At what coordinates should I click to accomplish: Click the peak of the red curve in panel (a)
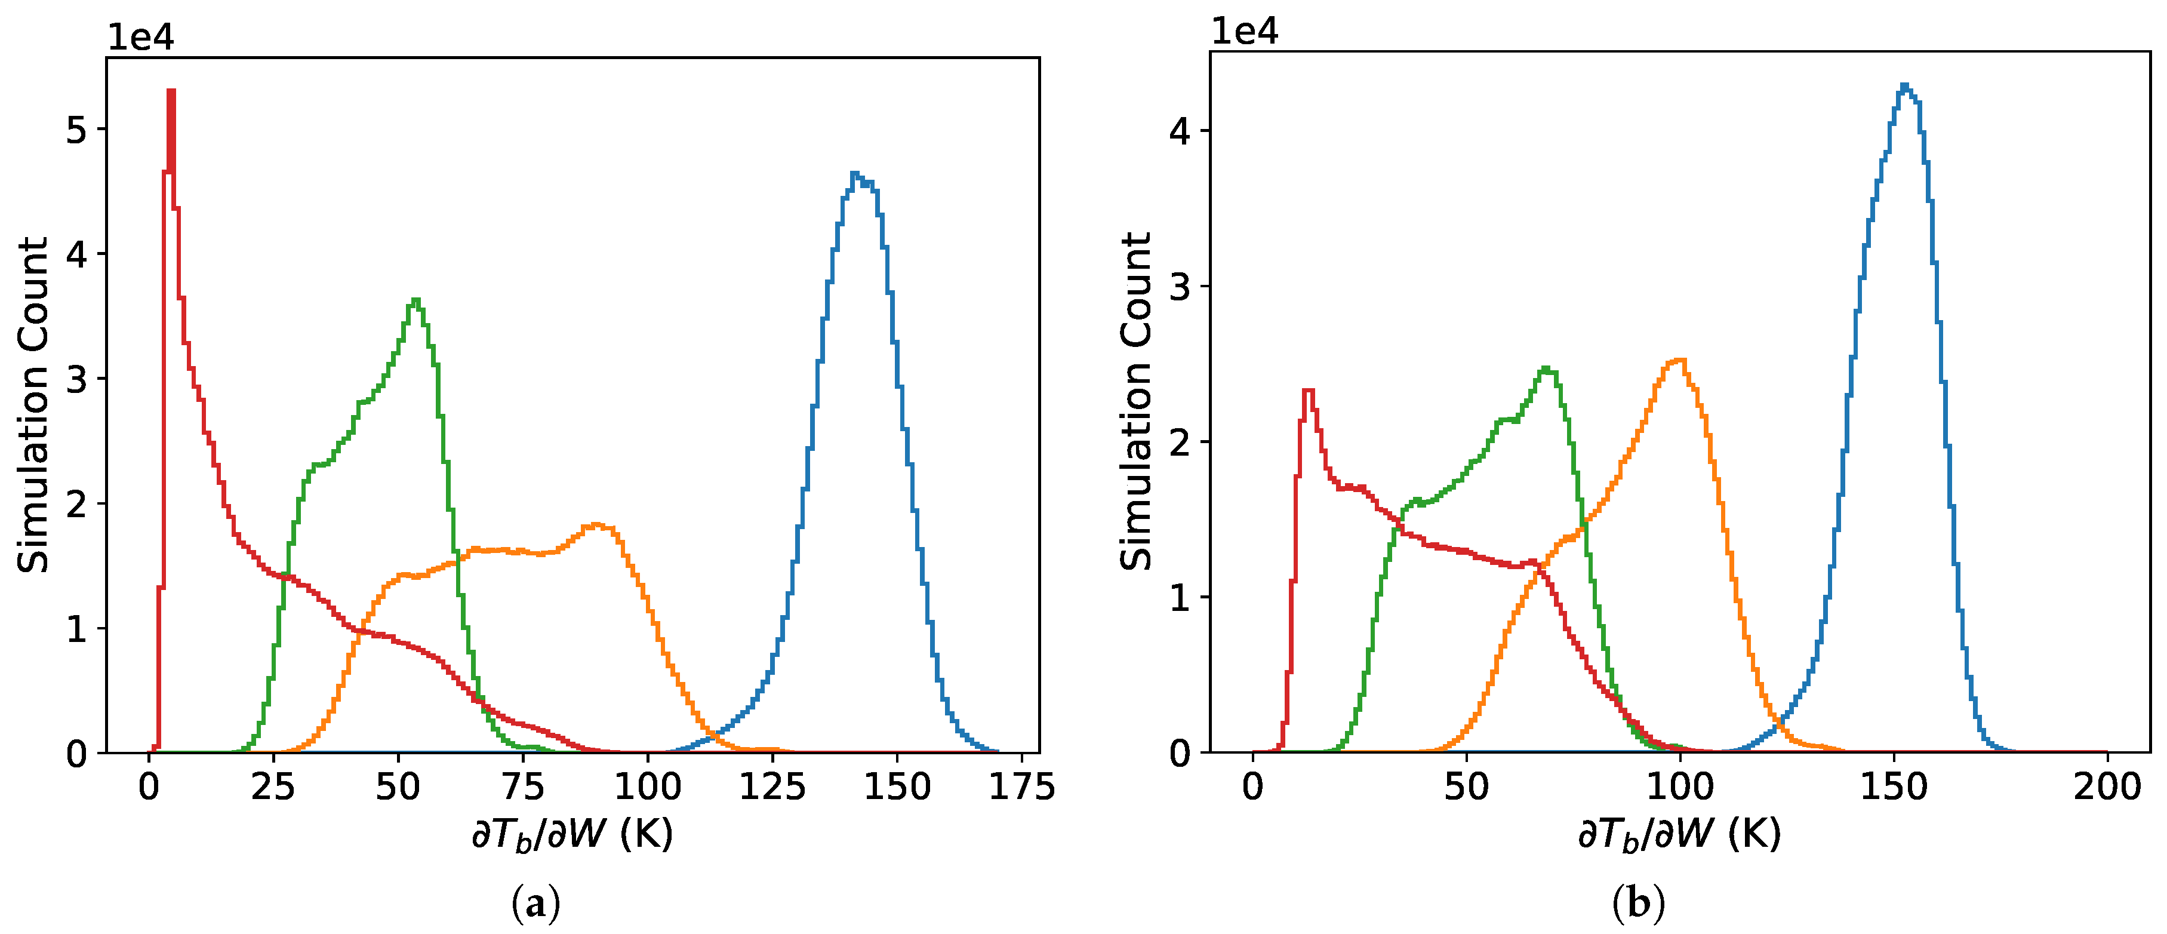(x=171, y=90)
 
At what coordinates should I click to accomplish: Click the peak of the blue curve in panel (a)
(x=855, y=173)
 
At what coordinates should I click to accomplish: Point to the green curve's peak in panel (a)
(x=415, y=300)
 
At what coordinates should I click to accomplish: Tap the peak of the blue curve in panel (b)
(x=1904, y=84)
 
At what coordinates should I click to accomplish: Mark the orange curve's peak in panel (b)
(x=1680, y=360)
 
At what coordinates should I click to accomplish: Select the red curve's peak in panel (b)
(x=1308, y=391)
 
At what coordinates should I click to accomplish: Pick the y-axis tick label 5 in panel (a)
(x=76, y=130)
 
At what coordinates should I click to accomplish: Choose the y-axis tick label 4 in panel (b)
(x=1180, y=131)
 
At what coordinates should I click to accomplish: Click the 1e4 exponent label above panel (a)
(x=140, y=38)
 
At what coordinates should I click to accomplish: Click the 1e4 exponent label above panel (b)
(x=1244, y=32)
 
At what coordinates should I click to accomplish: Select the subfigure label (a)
(x=536, y=905)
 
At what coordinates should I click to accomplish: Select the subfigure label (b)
(x=1638, y=905)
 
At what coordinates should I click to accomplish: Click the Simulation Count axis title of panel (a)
(x=33, y=405)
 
